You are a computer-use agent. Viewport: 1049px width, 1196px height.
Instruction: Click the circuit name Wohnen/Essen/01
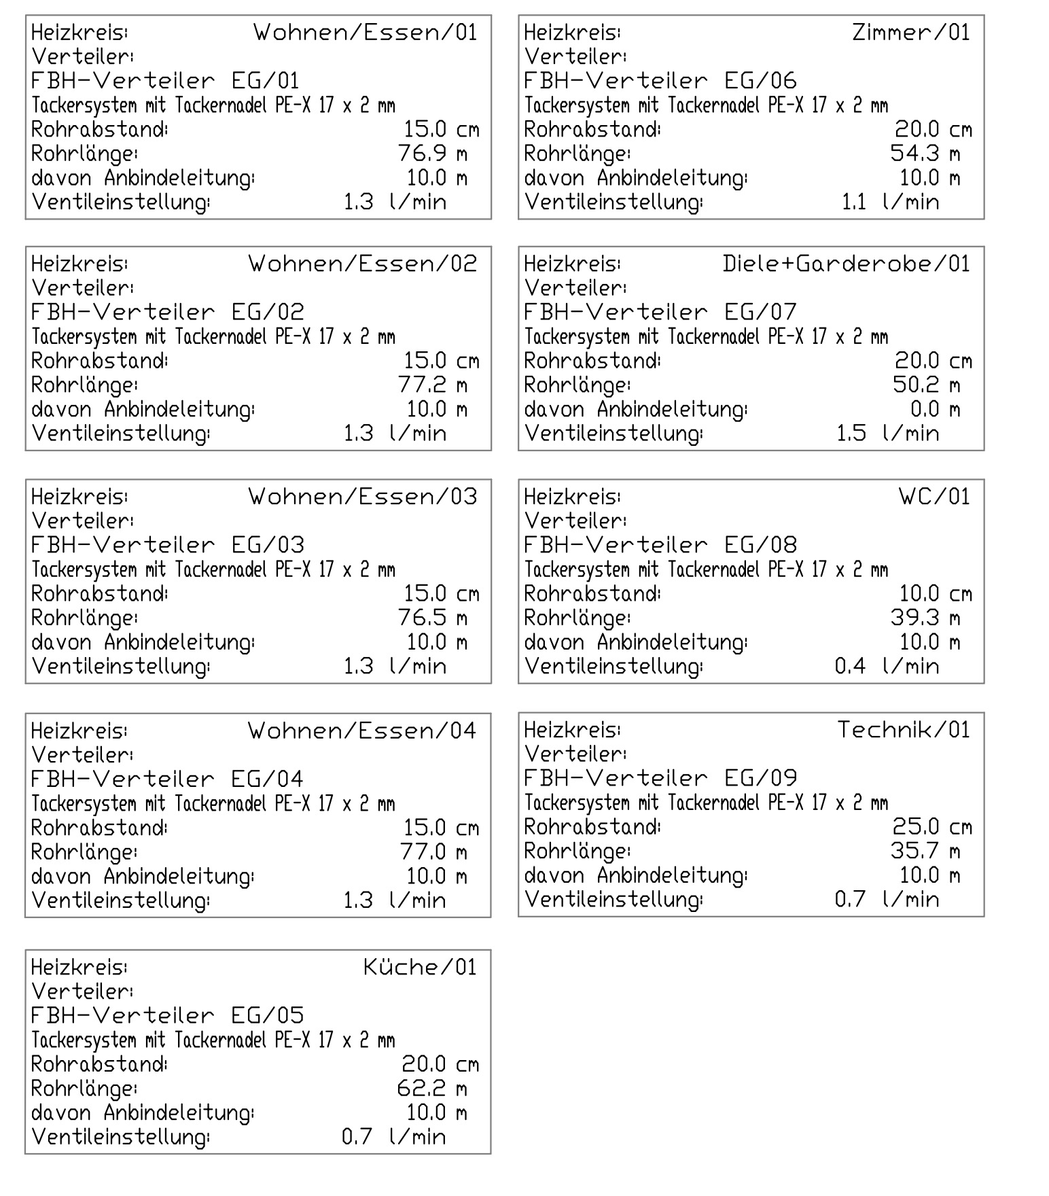(x=366, y=33)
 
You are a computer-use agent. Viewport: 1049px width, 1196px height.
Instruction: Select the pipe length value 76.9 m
(x=433, y=154)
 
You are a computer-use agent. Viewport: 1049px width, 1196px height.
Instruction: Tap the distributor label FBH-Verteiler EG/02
(x=168, y=312)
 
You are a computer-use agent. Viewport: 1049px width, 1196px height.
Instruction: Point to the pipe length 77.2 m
(x=433, y=385)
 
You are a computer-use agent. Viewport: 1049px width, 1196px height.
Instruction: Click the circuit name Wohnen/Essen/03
(x=363, y=497)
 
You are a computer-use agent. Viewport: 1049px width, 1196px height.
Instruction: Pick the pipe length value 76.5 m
(x=433, y=618)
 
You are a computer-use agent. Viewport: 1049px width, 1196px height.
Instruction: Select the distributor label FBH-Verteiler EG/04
(x=168, y=779)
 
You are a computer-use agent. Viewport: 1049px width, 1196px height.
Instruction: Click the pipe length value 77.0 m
(x=433, y=852)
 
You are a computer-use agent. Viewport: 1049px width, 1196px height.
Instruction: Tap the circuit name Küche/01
(x=420, y=967)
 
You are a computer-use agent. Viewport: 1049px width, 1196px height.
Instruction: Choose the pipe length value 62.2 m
(x=432, y=1089)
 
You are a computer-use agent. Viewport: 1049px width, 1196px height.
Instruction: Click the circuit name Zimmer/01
(x=911, y=33)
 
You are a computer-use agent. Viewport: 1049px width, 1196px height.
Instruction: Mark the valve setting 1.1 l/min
(x=890, y=202)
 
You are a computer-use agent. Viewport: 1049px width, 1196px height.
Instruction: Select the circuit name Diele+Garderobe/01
(x=847, y=264)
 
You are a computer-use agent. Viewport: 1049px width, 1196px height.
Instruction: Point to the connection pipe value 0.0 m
(x=935, y=409)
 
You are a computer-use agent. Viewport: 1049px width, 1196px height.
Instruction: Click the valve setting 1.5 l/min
(x=887, y=434)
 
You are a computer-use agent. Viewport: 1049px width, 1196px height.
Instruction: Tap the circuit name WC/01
(x=934, y=497)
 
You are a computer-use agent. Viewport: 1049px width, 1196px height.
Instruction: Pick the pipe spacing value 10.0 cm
(x=936, y=594)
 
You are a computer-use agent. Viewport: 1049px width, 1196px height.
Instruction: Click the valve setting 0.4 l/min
(x=887, y=666)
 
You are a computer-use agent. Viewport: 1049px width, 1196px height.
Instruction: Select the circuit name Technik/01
(x=904, y=730)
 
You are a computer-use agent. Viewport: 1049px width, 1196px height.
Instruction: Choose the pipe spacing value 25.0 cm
(x=932, y=827)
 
